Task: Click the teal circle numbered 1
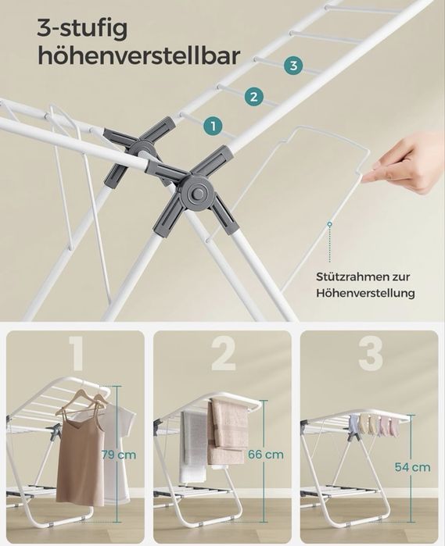coord(213,126)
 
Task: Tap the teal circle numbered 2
coord(253,96)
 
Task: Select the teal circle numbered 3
coord(293,65)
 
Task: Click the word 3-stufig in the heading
coord(82,29)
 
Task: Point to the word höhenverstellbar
coord(138,55)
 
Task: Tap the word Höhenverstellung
coord(365,293)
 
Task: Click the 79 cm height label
coord(119,455)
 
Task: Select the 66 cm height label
coord(266,454)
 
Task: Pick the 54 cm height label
coord(413,467)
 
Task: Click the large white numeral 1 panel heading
coord(76,354)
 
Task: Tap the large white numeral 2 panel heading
coord(223,354)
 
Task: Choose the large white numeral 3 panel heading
coord(371,354)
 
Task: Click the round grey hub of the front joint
coord(197,191)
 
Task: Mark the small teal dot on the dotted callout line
coord(329,225)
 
